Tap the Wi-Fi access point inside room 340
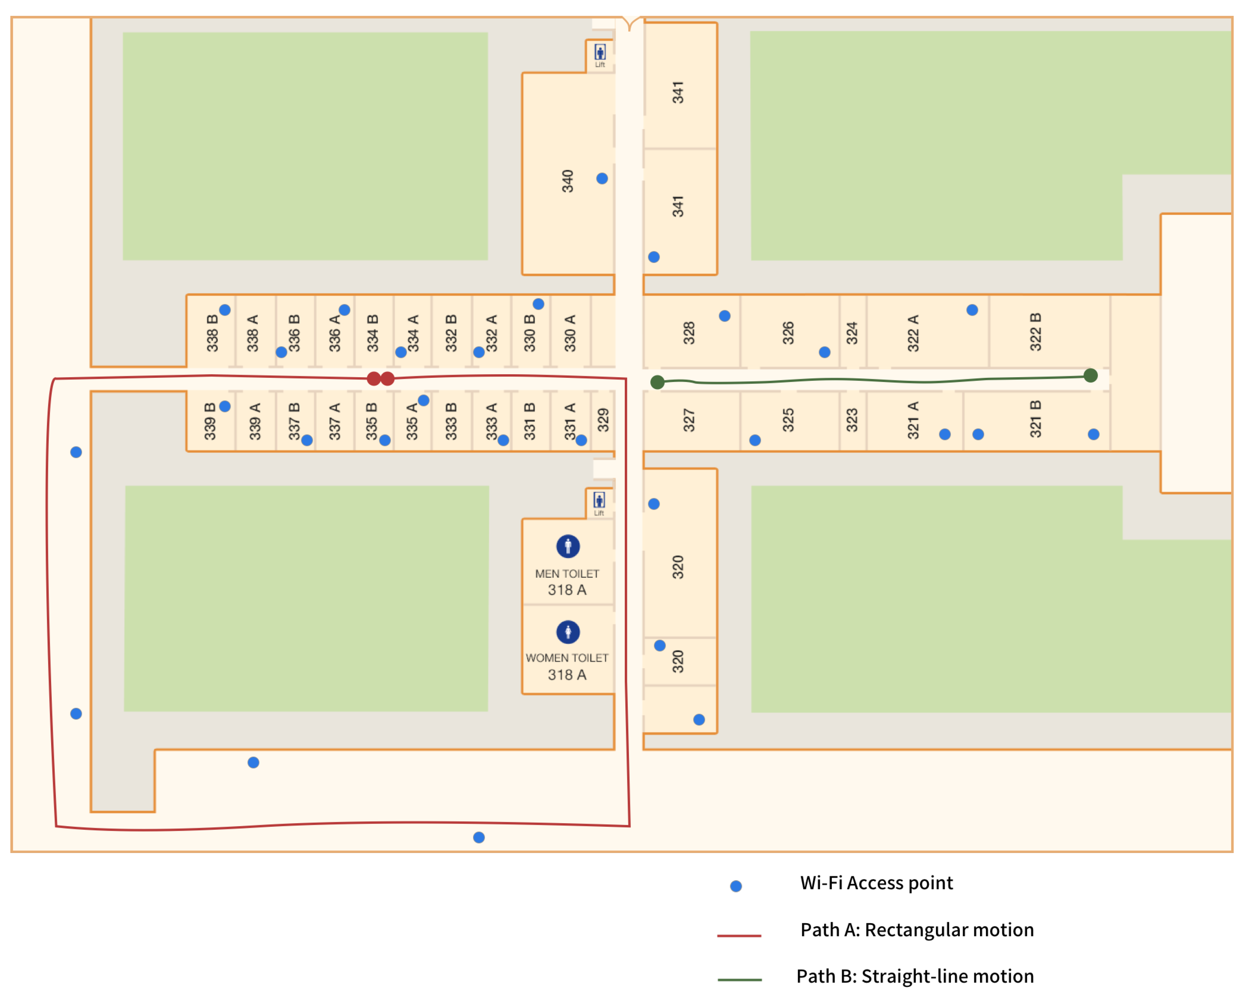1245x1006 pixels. coord(602,179)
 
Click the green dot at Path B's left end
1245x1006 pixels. coord(657,382)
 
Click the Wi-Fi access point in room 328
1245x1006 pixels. coord(724,316)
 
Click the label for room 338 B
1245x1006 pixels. coord(212,333)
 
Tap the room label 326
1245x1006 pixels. coord(788,333)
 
